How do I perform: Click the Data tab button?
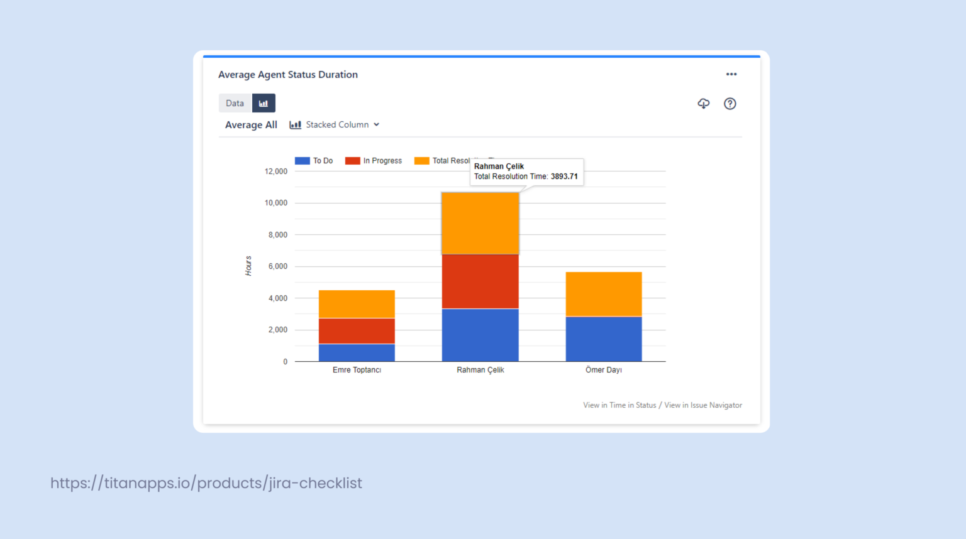235,103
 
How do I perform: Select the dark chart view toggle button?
264,103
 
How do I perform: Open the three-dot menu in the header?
731,74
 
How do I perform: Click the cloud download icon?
703,104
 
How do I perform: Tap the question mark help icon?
730,104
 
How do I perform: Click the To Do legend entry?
314,161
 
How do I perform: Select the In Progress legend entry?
374,161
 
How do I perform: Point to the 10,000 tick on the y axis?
275,203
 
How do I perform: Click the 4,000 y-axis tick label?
277,298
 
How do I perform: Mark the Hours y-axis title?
248,266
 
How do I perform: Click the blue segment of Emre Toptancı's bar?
357,352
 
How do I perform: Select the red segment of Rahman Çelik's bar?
480,281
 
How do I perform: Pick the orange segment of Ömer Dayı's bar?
603,293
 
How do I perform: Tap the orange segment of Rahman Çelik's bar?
480,223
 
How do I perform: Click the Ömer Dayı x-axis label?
603,370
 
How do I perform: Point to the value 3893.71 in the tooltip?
564,177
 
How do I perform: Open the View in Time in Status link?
619,405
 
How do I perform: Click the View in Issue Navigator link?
703,405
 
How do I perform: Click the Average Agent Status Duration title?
288,75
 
